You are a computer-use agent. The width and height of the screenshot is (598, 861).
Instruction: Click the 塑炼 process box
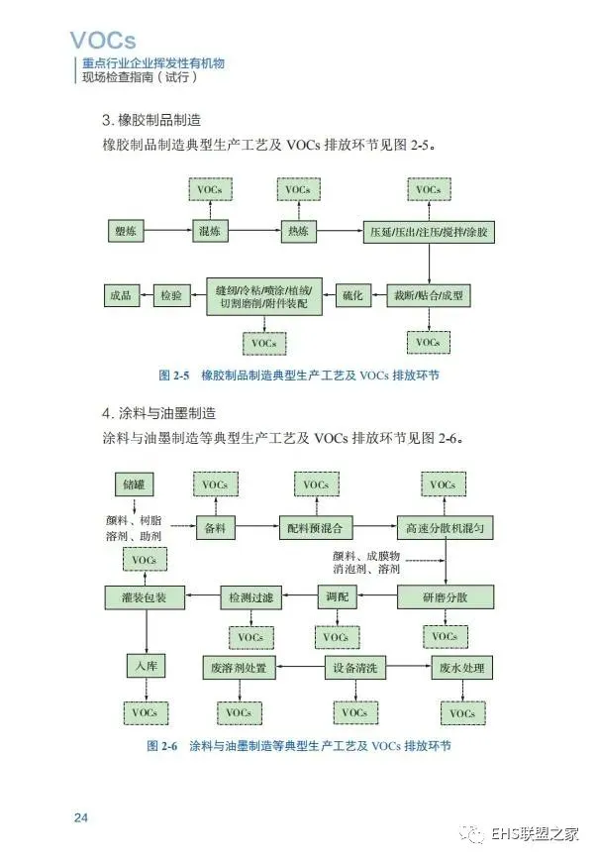pyautogui.click(x=126, y=231)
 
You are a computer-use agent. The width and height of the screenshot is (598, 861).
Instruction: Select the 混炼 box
pyautogui.click(x=210, y=231)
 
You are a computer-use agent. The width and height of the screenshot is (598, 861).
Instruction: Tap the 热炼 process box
pyautogui.click(x=298, y=231)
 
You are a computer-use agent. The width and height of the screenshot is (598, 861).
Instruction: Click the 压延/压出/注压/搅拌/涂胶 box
pyautogui.click(x=429, y=232)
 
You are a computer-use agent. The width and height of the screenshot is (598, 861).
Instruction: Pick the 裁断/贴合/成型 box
pyautogui.click(x=429, y=295)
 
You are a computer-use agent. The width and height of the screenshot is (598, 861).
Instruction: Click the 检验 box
pyautogui.click(x=170, y=295)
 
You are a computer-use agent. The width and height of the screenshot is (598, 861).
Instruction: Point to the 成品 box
pyautogui.click(x=121, y=295)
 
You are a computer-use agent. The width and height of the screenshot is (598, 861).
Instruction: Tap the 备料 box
pyautogui.click(x=215, y=528)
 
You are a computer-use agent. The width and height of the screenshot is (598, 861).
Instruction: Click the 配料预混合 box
pyautogui.click(x=315, y=528)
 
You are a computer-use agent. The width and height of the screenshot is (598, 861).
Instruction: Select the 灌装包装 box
pyautogui.click(x=144, y=597)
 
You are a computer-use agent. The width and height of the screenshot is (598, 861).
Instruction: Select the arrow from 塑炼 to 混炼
pyautogui.click(x=168, y=231)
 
